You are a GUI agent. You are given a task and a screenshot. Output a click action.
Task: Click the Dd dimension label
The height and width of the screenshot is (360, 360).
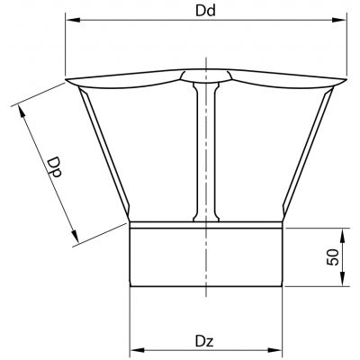(x=205, y=11)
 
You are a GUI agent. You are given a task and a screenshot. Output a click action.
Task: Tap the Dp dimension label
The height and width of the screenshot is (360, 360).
(x=55, y=167)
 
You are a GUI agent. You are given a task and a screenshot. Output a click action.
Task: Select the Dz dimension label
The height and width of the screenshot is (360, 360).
(x=204, y=341)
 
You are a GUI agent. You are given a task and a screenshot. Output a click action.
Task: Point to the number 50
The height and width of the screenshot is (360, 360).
(x=332, y=257)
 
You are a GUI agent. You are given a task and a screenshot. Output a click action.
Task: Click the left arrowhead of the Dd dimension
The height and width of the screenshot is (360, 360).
(x=73, y=20)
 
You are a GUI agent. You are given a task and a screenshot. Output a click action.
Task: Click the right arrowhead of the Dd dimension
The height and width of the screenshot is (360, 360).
(x=339, y=20)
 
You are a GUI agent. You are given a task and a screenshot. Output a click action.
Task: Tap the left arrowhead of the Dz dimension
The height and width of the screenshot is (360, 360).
(x=137, y=350)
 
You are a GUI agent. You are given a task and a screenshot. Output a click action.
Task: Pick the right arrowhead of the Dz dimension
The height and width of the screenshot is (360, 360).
(x=275, y=350)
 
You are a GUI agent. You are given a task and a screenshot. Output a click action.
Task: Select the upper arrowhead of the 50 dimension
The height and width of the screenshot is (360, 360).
(x=342, y=236)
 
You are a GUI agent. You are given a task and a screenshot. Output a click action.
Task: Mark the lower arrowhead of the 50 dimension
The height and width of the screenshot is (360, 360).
(x=342, y=279)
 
